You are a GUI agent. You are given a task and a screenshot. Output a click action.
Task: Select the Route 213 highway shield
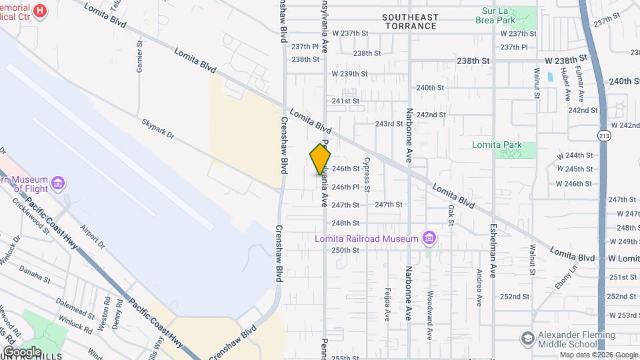603,135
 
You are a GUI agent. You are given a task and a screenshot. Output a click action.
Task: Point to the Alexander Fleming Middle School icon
528,338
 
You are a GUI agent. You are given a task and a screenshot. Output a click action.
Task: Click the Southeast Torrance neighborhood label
410,21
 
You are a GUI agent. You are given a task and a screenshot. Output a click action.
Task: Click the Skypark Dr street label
157,129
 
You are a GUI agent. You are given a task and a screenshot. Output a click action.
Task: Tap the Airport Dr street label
93,236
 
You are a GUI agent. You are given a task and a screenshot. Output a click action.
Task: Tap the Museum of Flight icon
58,183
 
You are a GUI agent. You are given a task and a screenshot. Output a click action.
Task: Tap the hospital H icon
40,11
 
